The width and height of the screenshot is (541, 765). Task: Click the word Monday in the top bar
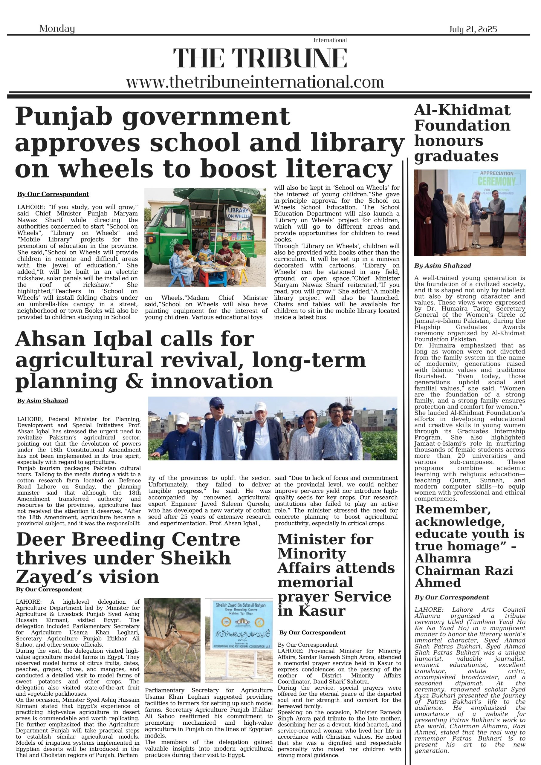(57, 29)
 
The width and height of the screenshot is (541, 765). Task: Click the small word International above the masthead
(330, 40)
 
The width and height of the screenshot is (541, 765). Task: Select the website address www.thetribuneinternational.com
(255, 82)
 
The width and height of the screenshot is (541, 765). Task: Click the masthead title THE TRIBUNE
(260, 58)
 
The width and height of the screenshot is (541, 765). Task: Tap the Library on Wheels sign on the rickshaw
(238, 213)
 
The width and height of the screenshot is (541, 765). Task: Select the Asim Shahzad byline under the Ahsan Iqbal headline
(42, 400)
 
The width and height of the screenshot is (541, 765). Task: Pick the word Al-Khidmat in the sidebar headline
(462, 110)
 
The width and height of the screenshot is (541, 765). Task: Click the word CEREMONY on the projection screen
(496, 182)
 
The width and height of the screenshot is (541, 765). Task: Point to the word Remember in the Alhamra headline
(453, 510)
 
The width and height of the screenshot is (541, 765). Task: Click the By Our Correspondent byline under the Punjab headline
(53, 194)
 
